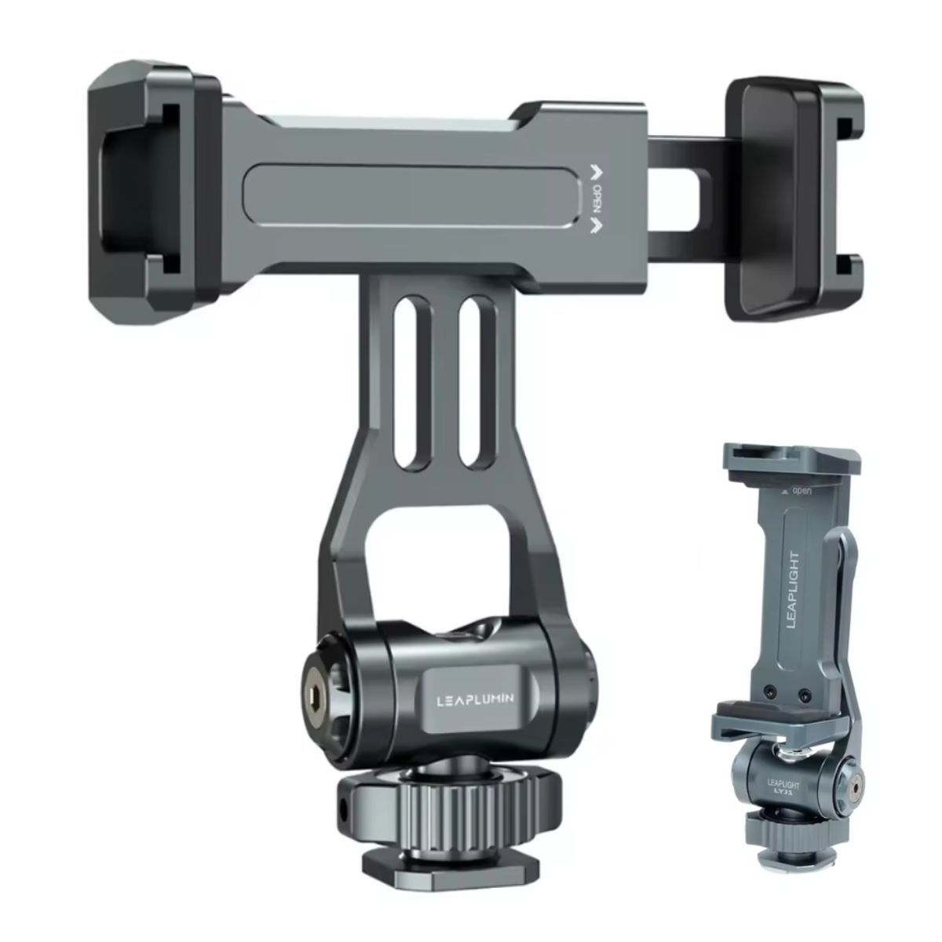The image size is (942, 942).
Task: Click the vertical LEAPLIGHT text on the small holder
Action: [x=793, y=591]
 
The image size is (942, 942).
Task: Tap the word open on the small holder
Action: [x=801, y=491]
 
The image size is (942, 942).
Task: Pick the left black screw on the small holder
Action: [x=770, y=693]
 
